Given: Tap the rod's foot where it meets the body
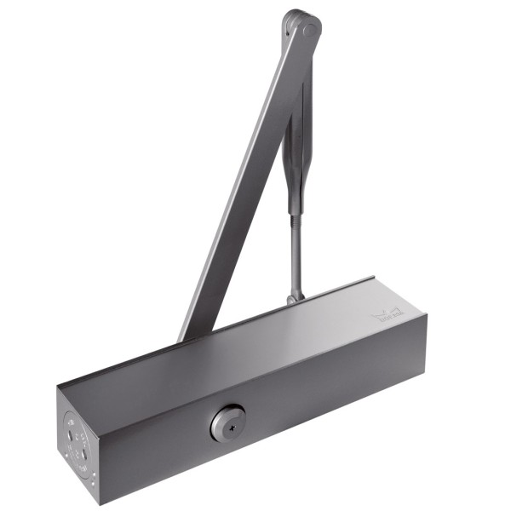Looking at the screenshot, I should coord(295,298).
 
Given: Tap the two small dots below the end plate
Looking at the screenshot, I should coord(94,479).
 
